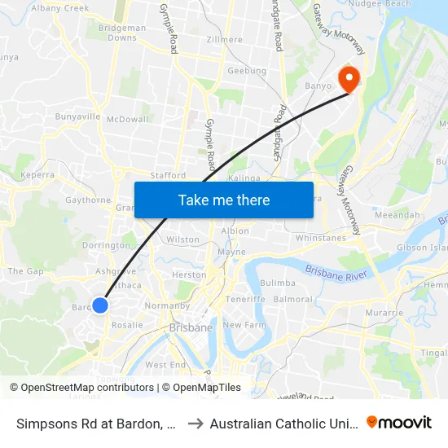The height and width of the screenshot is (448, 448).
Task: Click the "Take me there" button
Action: pos(224,200)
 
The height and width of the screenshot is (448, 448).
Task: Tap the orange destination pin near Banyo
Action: pos(350,79)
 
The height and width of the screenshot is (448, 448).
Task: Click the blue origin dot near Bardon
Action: pos(99,305)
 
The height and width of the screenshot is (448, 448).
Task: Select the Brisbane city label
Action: pos(190,327)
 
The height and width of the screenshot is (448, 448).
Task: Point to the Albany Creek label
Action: pos(59,8)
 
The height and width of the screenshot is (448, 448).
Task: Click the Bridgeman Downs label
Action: pos(122,33)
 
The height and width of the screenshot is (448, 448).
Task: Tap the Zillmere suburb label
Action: pos(225,39)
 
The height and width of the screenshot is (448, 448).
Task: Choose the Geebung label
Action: pos(247,71)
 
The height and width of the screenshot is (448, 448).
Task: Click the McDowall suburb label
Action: pos(127,119)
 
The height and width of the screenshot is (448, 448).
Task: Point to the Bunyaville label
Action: pos(77,117)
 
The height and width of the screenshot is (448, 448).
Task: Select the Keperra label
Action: pos(37,174)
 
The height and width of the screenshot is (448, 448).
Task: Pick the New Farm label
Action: pos(244,325)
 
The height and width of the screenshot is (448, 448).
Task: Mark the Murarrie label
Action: pos(385,313)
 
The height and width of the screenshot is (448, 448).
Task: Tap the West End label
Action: pos(165,365)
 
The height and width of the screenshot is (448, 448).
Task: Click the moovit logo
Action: pos(399,422)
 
